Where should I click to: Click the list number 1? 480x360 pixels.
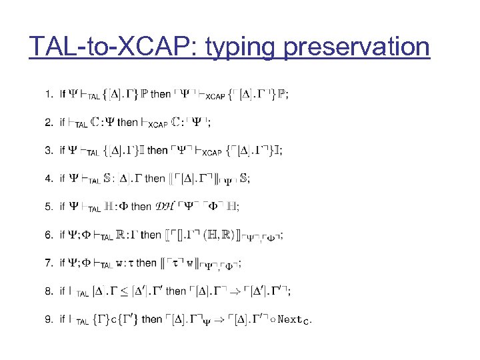(x=48, y=94)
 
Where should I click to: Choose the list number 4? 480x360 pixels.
(x=48, y=178)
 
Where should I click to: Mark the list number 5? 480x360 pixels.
(x=48, y=207)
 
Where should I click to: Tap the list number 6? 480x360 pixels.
(x=48, y=235)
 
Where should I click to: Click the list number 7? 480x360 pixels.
(x=48, y=263)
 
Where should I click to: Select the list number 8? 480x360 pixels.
(x=48, y=291)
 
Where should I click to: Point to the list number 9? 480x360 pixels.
(x=48, y=319)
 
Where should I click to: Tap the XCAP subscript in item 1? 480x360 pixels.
(x=214, y=97)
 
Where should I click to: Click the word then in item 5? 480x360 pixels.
(x=141, y=207)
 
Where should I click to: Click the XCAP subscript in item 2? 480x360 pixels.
(x=158, y=125)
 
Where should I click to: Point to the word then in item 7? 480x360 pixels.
(x=146, y=263)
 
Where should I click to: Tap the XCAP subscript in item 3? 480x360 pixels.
(x=211, y=153)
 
